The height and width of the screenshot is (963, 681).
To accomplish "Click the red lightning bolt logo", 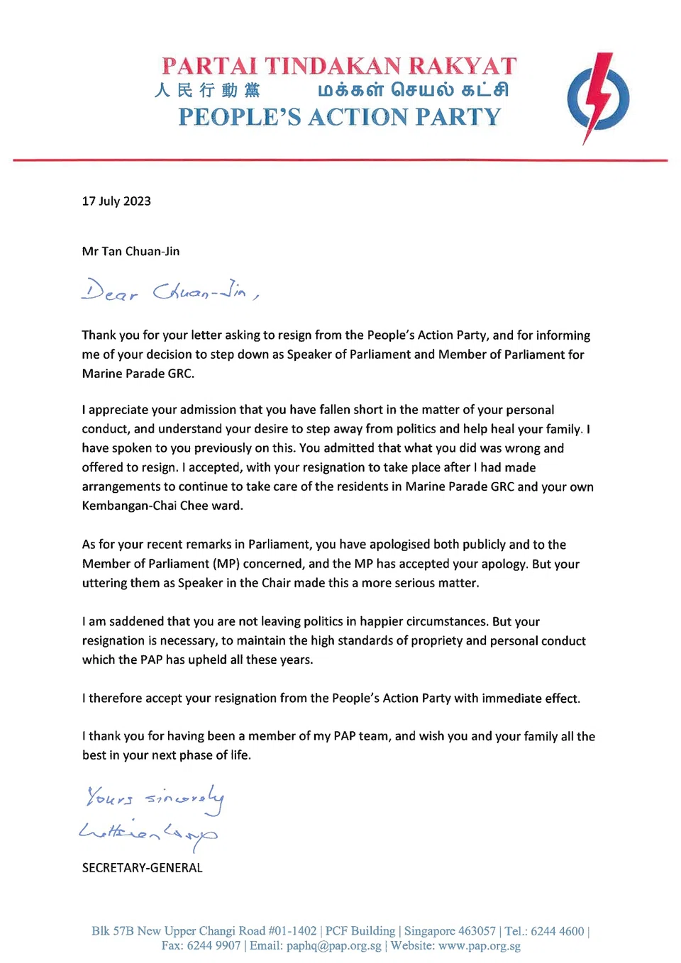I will click(x=598, y=98).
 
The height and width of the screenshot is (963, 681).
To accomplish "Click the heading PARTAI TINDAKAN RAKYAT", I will click(x=339, y=66).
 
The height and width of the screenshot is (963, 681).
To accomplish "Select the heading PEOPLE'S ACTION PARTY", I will click(x=339, y=117).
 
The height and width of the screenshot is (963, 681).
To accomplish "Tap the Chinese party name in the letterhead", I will click(x=207, y=90).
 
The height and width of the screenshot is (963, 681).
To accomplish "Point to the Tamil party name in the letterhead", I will click(x=413, y=90).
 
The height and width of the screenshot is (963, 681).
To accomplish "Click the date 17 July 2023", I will click(x=116, y=201).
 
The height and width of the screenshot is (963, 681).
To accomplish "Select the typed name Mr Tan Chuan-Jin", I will click(x=131, y=252).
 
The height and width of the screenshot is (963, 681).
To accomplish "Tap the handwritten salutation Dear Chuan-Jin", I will click(x=170, y=291).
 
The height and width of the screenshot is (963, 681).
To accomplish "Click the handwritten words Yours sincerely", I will click(x=155, y=799).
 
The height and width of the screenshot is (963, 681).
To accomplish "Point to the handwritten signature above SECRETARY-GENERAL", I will click(x=148, y=833).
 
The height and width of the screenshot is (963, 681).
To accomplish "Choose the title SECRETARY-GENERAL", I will click(x=142, y=868).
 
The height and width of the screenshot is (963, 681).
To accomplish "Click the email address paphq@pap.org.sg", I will click(x=333, y=946).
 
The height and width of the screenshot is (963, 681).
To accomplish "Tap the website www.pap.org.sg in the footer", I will click(x=480, y=946).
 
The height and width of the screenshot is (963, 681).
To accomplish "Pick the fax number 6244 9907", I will click(x=214, y=946).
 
